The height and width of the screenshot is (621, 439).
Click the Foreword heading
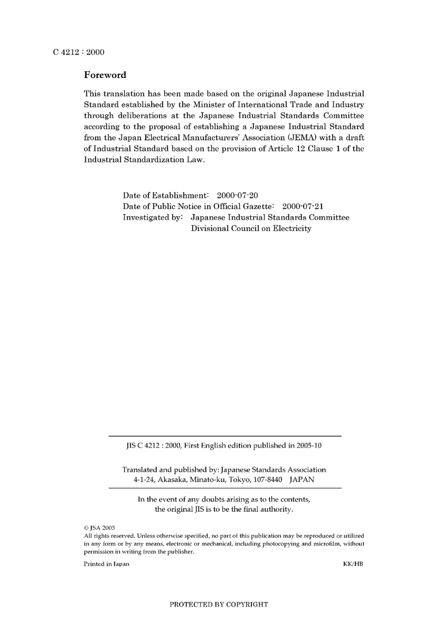click(x=105, y=75)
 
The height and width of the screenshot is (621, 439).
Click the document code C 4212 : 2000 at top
click(x=79, y=52)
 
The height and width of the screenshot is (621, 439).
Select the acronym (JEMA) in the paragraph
click(x=302, y=138)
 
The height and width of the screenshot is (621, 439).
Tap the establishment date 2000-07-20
click(x=238, y=195)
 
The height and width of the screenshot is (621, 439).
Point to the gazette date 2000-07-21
click(x=303, y=206)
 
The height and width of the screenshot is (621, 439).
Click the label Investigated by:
click(x=153, y=217)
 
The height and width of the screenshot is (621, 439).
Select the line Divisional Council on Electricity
click(x=251, y=229)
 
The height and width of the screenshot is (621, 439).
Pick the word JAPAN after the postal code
click(x=302, y=479)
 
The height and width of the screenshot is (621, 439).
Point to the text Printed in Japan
click(x=106, y=564)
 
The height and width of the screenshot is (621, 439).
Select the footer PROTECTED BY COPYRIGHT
click(x=219, y=604)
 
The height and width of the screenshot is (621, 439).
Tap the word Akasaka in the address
click(x=172, y=479)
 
